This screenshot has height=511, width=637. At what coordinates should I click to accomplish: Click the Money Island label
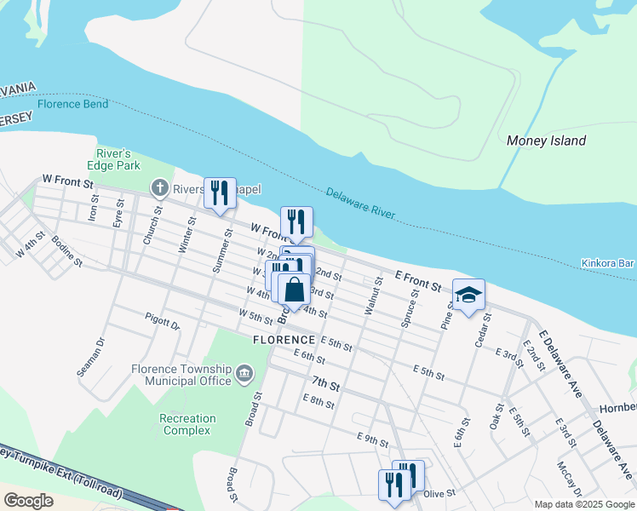(x=546, y=141)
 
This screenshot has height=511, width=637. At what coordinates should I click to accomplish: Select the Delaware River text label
(x=360, y=204)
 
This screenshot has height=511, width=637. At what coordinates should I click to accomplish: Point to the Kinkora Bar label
(x=608, y=264)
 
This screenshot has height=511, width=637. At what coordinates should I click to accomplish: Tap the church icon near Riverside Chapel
(x=159, y=187)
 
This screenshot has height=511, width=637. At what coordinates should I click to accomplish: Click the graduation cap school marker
(x=468, y=296)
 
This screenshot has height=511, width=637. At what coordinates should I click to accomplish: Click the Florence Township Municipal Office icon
(x=244, y=372)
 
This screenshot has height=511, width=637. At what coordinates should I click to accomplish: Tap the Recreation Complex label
(x=187, y=424)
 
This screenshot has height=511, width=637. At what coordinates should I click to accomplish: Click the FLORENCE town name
(x=284, y=339)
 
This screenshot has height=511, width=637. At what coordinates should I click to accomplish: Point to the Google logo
(x=28, y=501)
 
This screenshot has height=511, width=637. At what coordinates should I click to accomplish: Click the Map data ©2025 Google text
(x=583, y=503)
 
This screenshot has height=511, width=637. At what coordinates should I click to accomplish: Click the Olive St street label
(x=440, y=493)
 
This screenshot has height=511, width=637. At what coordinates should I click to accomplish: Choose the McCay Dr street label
(x=569, y=480)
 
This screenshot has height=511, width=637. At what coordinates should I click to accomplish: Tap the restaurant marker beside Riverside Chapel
(x=220, y=193)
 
